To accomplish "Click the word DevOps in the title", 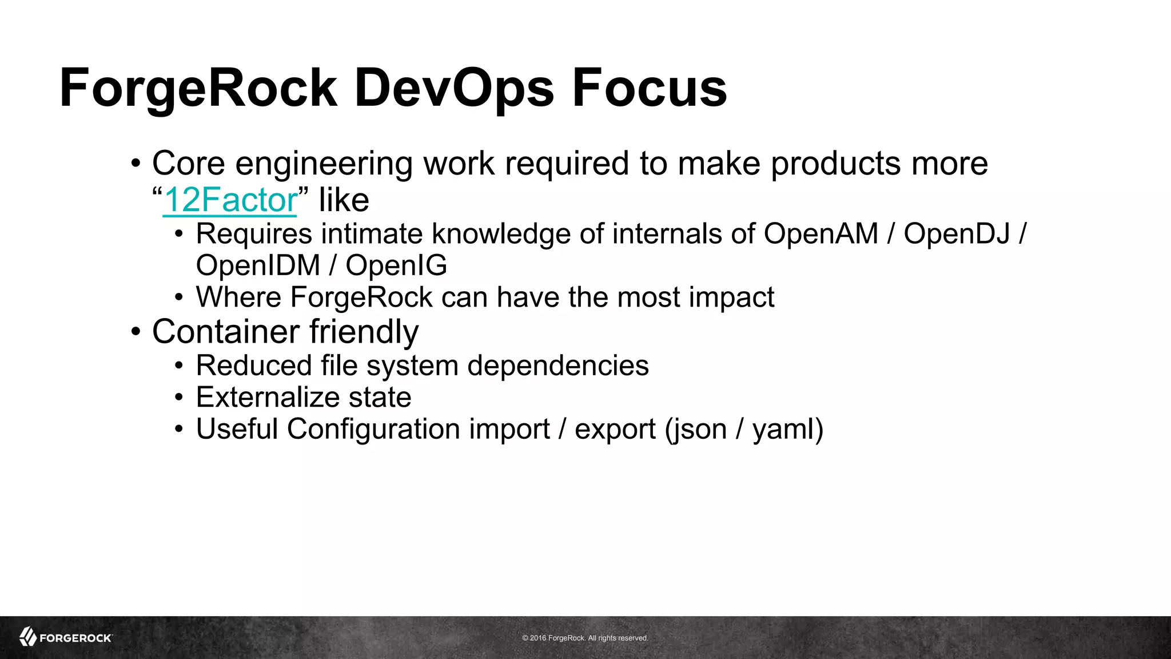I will [454, 89].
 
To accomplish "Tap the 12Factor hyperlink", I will [230, 200].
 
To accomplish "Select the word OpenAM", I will [821, 234].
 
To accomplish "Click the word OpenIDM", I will [258, 265].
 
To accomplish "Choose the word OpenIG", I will [396, 265].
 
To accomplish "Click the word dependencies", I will [557, 366].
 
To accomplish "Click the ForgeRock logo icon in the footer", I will [28, 637].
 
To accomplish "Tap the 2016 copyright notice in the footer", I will [585, 638].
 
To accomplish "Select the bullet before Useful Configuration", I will [180, 429].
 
